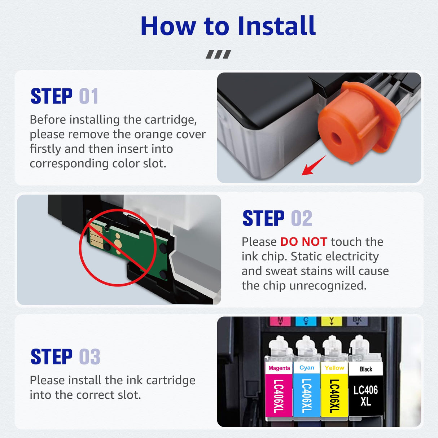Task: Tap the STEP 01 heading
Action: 64,96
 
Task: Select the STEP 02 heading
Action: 277,218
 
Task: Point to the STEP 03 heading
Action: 65,357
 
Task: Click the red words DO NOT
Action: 303,242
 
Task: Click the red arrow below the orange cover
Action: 313,166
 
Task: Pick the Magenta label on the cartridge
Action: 279,368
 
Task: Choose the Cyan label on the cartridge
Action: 307,368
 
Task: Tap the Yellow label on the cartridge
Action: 334,368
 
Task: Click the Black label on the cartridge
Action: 365,369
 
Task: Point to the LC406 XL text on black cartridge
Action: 365,395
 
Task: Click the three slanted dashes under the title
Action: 218,54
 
